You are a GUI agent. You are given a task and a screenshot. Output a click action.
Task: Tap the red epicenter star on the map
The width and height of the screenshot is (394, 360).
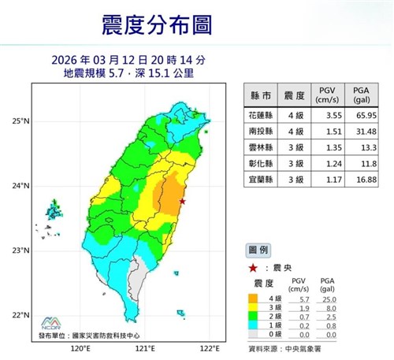(x=183, y=202)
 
